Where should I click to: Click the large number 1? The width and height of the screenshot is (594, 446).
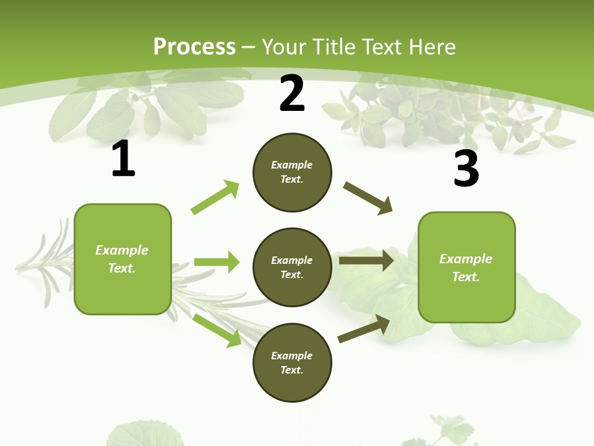coord(123,160)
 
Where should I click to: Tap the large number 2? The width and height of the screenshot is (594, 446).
coord(292,94)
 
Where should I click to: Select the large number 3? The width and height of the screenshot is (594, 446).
coord(466,169)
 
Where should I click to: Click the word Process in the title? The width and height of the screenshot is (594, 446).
coord(194,46)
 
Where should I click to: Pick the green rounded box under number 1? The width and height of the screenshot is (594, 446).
coord(123,259)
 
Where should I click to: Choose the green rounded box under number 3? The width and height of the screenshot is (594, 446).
coord(467,267)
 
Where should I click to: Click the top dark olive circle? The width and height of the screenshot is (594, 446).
coord(292,172)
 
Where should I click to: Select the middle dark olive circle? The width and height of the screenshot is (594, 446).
coord(292,267)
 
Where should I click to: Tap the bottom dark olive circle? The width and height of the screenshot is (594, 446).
coord(292,362)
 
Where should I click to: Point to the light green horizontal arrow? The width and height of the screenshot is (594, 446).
coord(217,262)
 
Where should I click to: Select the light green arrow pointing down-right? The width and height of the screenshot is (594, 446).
coord(217,330)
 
